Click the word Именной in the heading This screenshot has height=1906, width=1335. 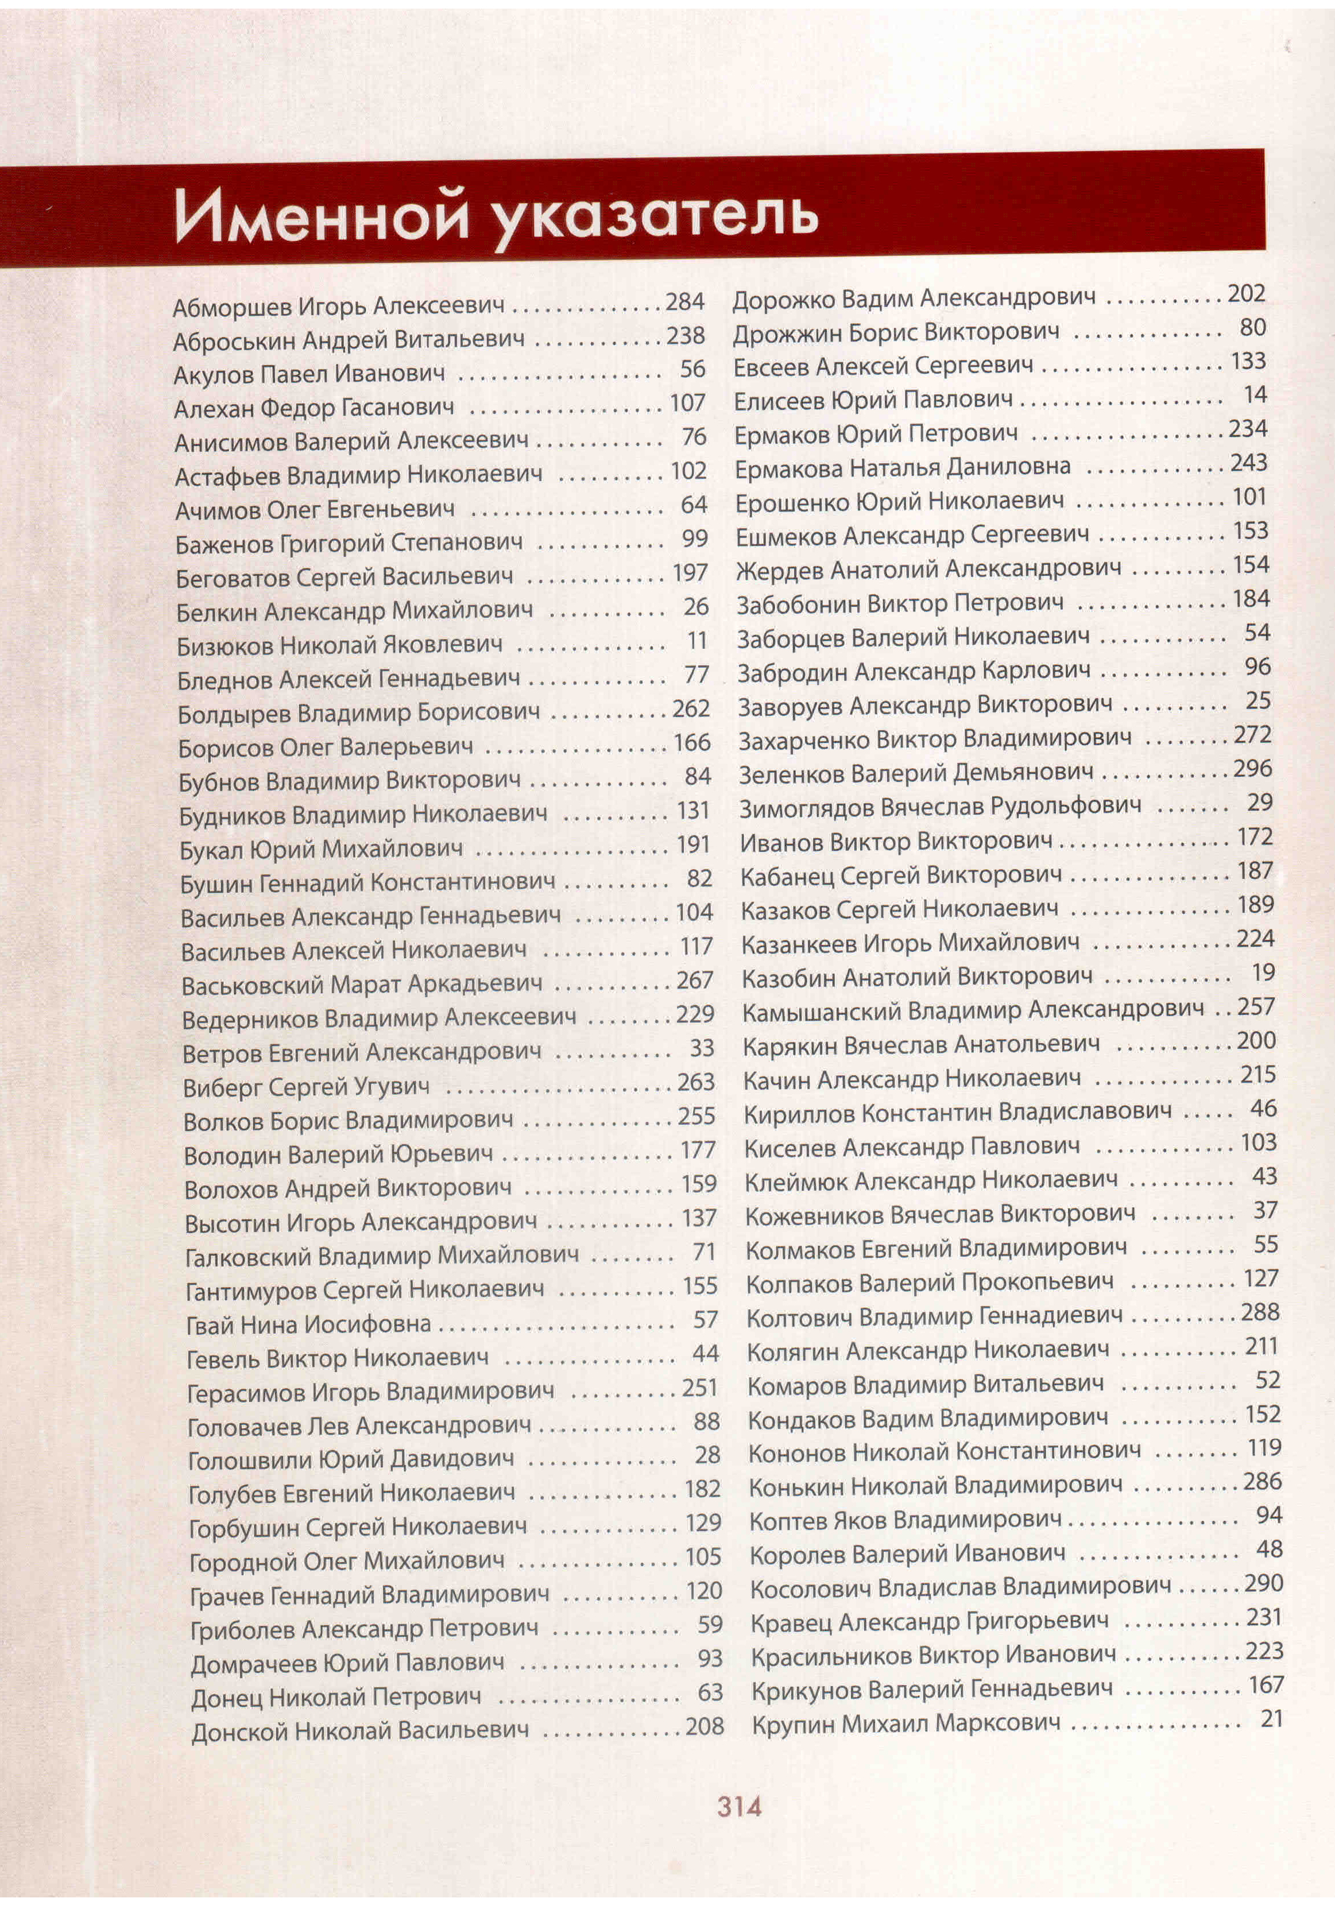point(324,218)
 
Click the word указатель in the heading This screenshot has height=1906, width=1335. point(656,218)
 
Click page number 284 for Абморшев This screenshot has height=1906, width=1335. point(685,301)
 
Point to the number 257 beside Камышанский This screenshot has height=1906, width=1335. point(1256,1007)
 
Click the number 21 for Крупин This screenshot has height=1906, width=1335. point(1272,1718)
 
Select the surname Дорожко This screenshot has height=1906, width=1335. point(783,299)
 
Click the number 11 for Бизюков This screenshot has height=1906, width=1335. point(696,641)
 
